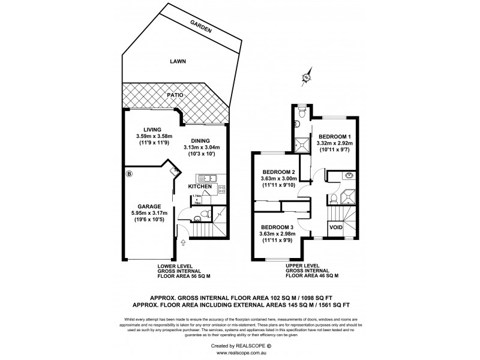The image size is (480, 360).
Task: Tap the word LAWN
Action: pyautogui.click(x=176, y=61)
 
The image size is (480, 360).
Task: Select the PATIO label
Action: pyautogui.click(x=175, y=95)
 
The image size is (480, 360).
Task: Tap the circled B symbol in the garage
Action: pyautogui.click(x=129, y=175)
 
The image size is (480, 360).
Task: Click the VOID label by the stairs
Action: pyautogui.click(x=337, y=228)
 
